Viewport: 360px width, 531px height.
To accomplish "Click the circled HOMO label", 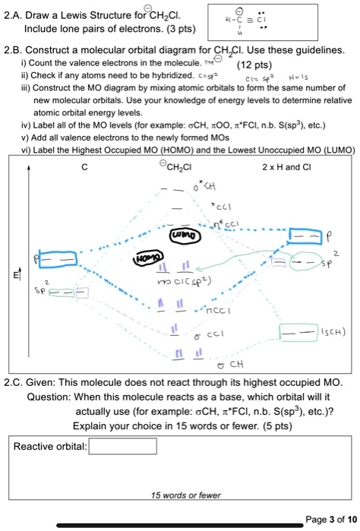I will pos(147,259).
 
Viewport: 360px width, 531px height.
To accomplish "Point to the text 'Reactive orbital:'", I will pos(50,446).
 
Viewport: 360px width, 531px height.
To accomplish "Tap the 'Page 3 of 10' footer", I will pos(327,520).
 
